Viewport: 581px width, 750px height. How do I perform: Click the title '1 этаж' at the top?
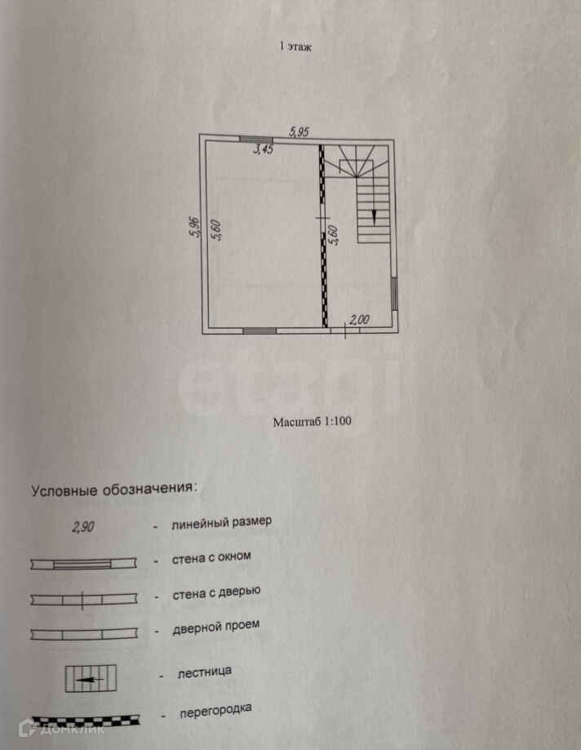[x=295, y=47]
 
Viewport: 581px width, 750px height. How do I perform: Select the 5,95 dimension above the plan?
[x=299, y=130]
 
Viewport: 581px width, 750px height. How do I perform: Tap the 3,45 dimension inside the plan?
[x=263, y=149]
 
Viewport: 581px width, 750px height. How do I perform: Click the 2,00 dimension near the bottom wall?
[x=359, y=320]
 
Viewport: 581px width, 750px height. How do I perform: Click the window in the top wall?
[x=255, y=140]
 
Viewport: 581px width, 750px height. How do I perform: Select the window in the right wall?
[x=393, y=293]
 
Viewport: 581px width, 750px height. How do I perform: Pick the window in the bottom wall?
[x=259, y=331]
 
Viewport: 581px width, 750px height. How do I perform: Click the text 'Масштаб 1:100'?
[x=312, y=423]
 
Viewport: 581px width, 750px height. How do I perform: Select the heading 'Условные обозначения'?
[x=114, y=490]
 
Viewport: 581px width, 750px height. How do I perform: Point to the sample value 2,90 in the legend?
[x=83, y=527]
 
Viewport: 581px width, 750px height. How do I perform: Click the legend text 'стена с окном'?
[x=211, y=557]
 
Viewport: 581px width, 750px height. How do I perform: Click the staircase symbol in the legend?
[x=91, y=679]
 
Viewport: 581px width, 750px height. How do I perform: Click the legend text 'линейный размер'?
[x=221, y=522]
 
